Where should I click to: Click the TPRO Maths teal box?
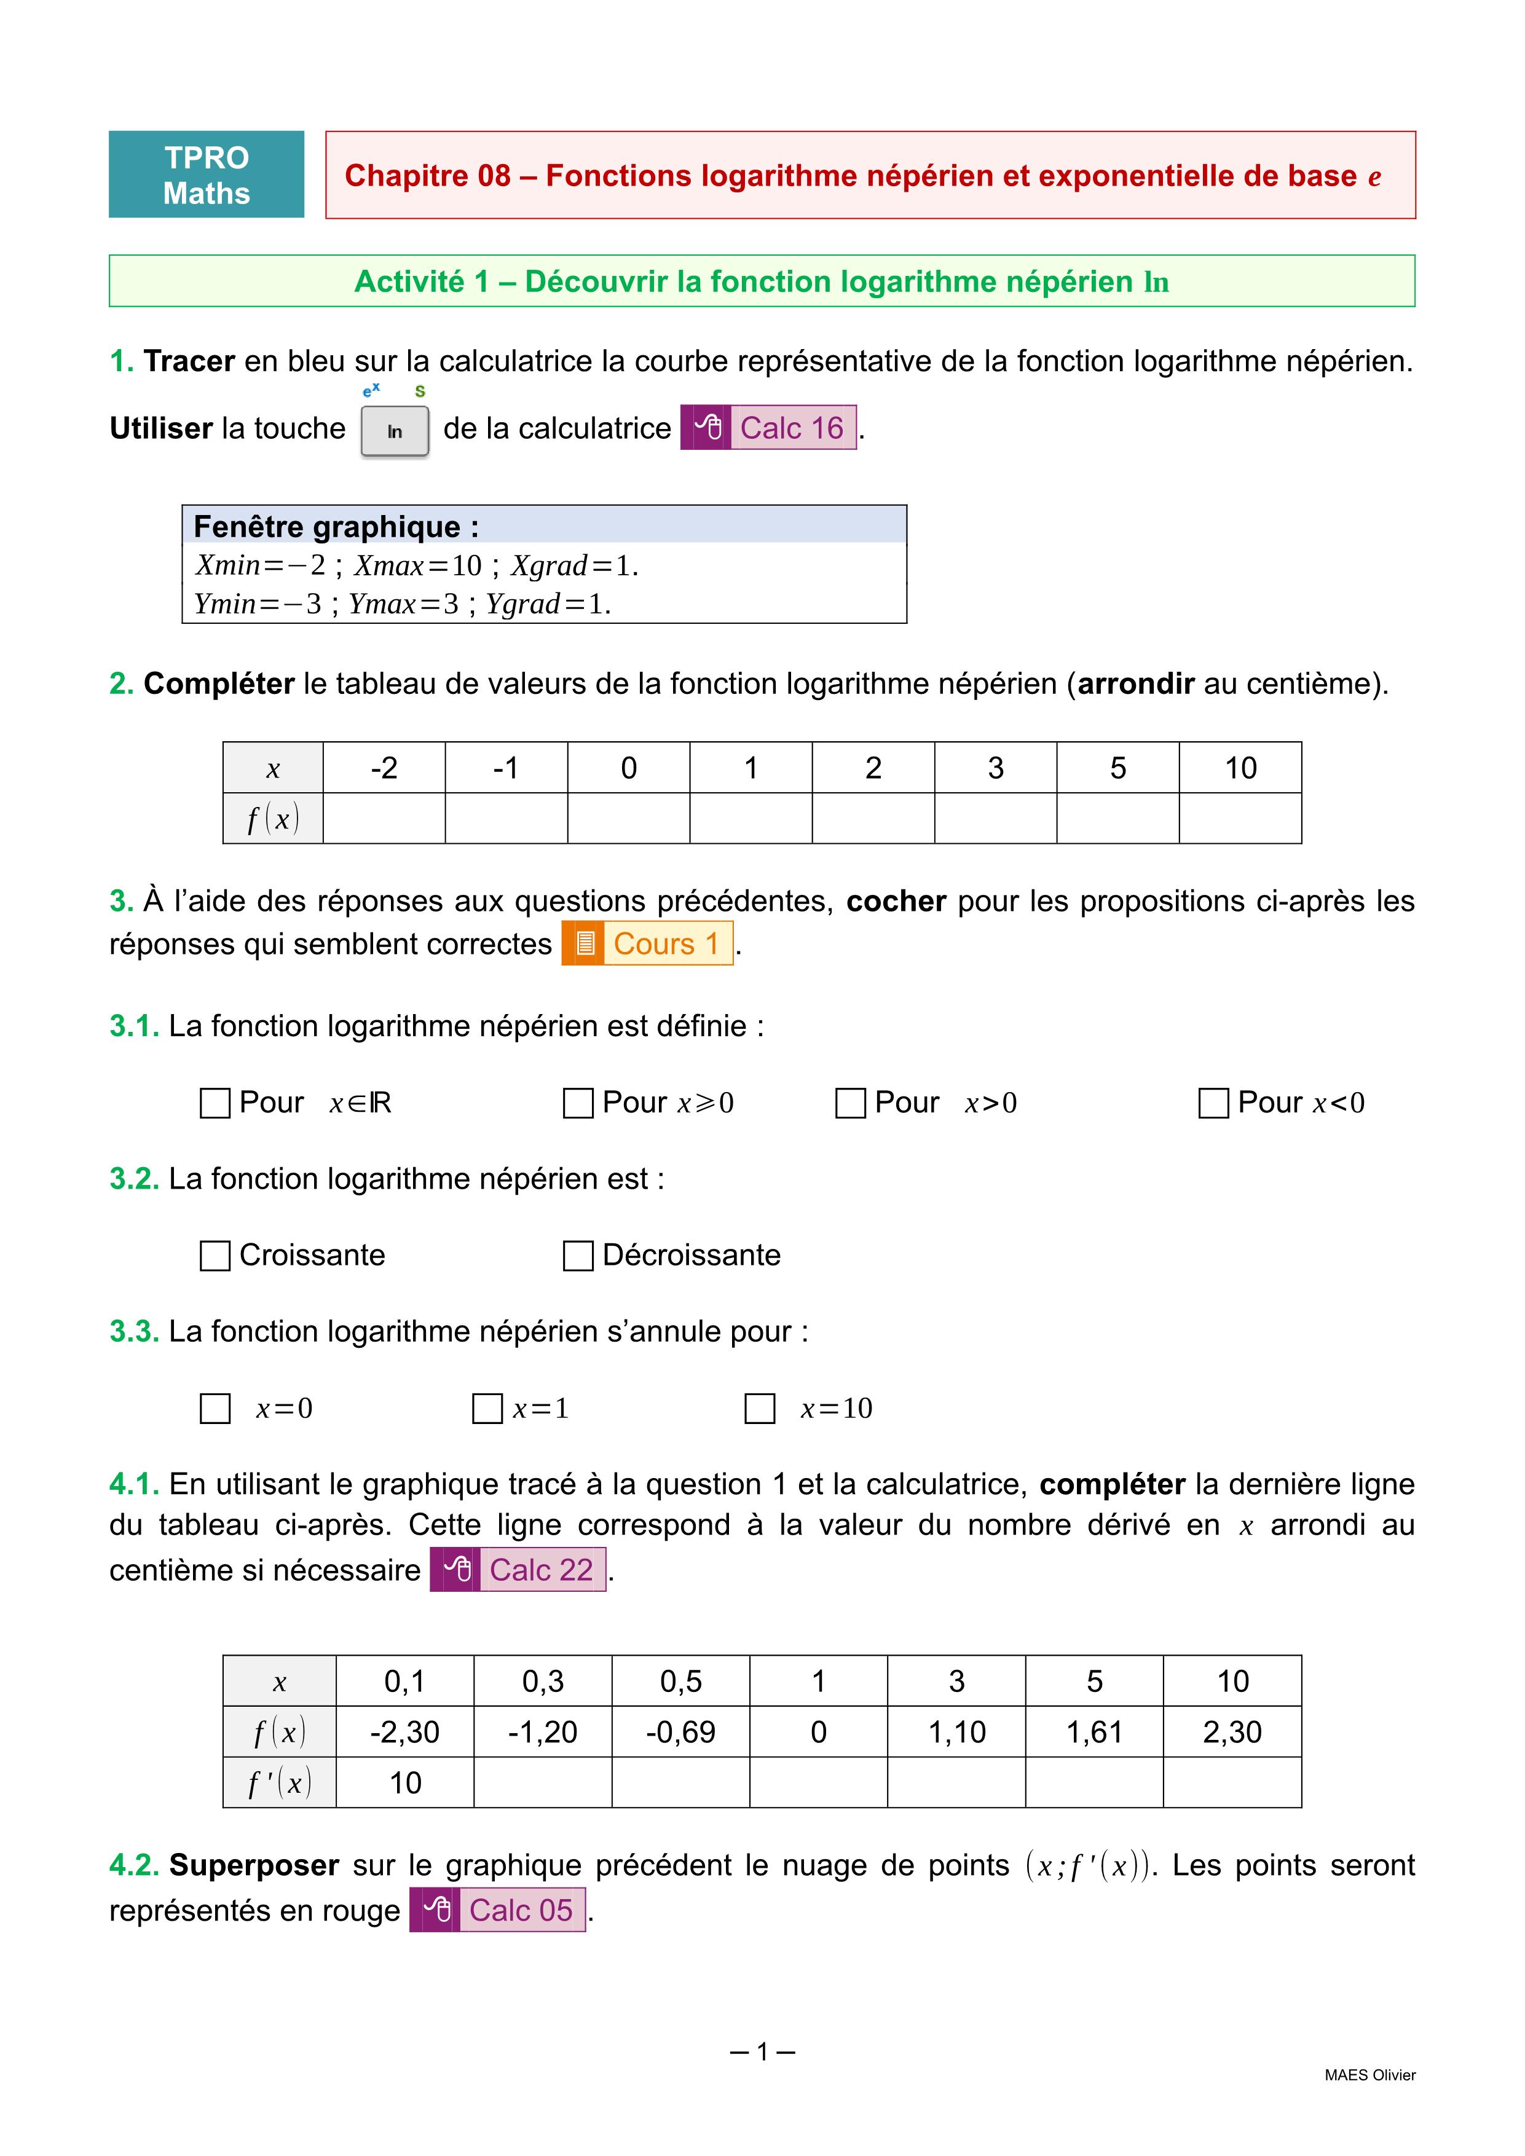207,175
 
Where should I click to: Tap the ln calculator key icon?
395,431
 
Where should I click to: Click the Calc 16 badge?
768,428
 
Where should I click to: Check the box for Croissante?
215,1256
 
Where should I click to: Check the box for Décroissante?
578,1256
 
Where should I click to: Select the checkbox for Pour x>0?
850,1103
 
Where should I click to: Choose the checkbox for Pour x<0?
1213,1103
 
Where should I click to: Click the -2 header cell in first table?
384,768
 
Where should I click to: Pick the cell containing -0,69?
681,1731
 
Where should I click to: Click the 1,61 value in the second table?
1094,1731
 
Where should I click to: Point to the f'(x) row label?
279,1782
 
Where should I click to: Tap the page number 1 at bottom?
762,2052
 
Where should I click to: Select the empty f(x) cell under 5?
1117,819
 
